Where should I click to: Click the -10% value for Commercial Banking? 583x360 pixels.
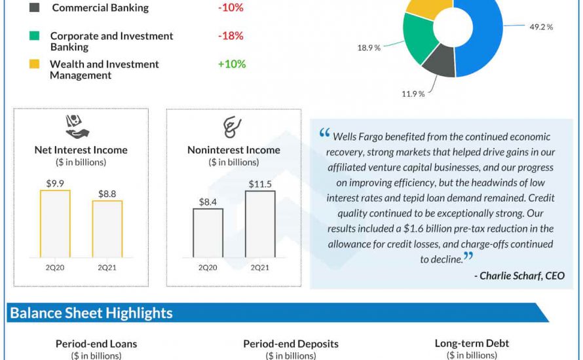(231, 8)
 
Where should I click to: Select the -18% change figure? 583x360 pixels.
(231, 36)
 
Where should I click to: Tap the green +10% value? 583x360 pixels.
(232, 64)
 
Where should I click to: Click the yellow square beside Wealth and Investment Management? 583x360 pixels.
(35, 64)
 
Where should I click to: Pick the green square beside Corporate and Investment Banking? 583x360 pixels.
(35, 36)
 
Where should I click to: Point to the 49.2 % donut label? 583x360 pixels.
(541, 27)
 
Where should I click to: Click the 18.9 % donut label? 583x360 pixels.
(369, 48)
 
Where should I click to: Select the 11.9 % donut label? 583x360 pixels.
(413, 94)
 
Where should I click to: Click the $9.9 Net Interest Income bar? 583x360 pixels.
(55, 223)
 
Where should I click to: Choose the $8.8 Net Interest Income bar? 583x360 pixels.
(107, 228)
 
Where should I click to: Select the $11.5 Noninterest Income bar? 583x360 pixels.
(260, 224)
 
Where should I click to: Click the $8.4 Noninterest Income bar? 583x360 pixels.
(208, 232)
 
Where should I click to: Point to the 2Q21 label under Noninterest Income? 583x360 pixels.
(260, 268)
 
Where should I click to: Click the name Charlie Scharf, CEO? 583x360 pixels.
(518, 276)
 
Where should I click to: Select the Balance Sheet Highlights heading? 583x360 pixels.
(91, 313)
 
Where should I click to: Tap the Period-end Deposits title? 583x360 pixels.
(290, 344)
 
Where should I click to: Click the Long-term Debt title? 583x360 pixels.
(472, 343)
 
